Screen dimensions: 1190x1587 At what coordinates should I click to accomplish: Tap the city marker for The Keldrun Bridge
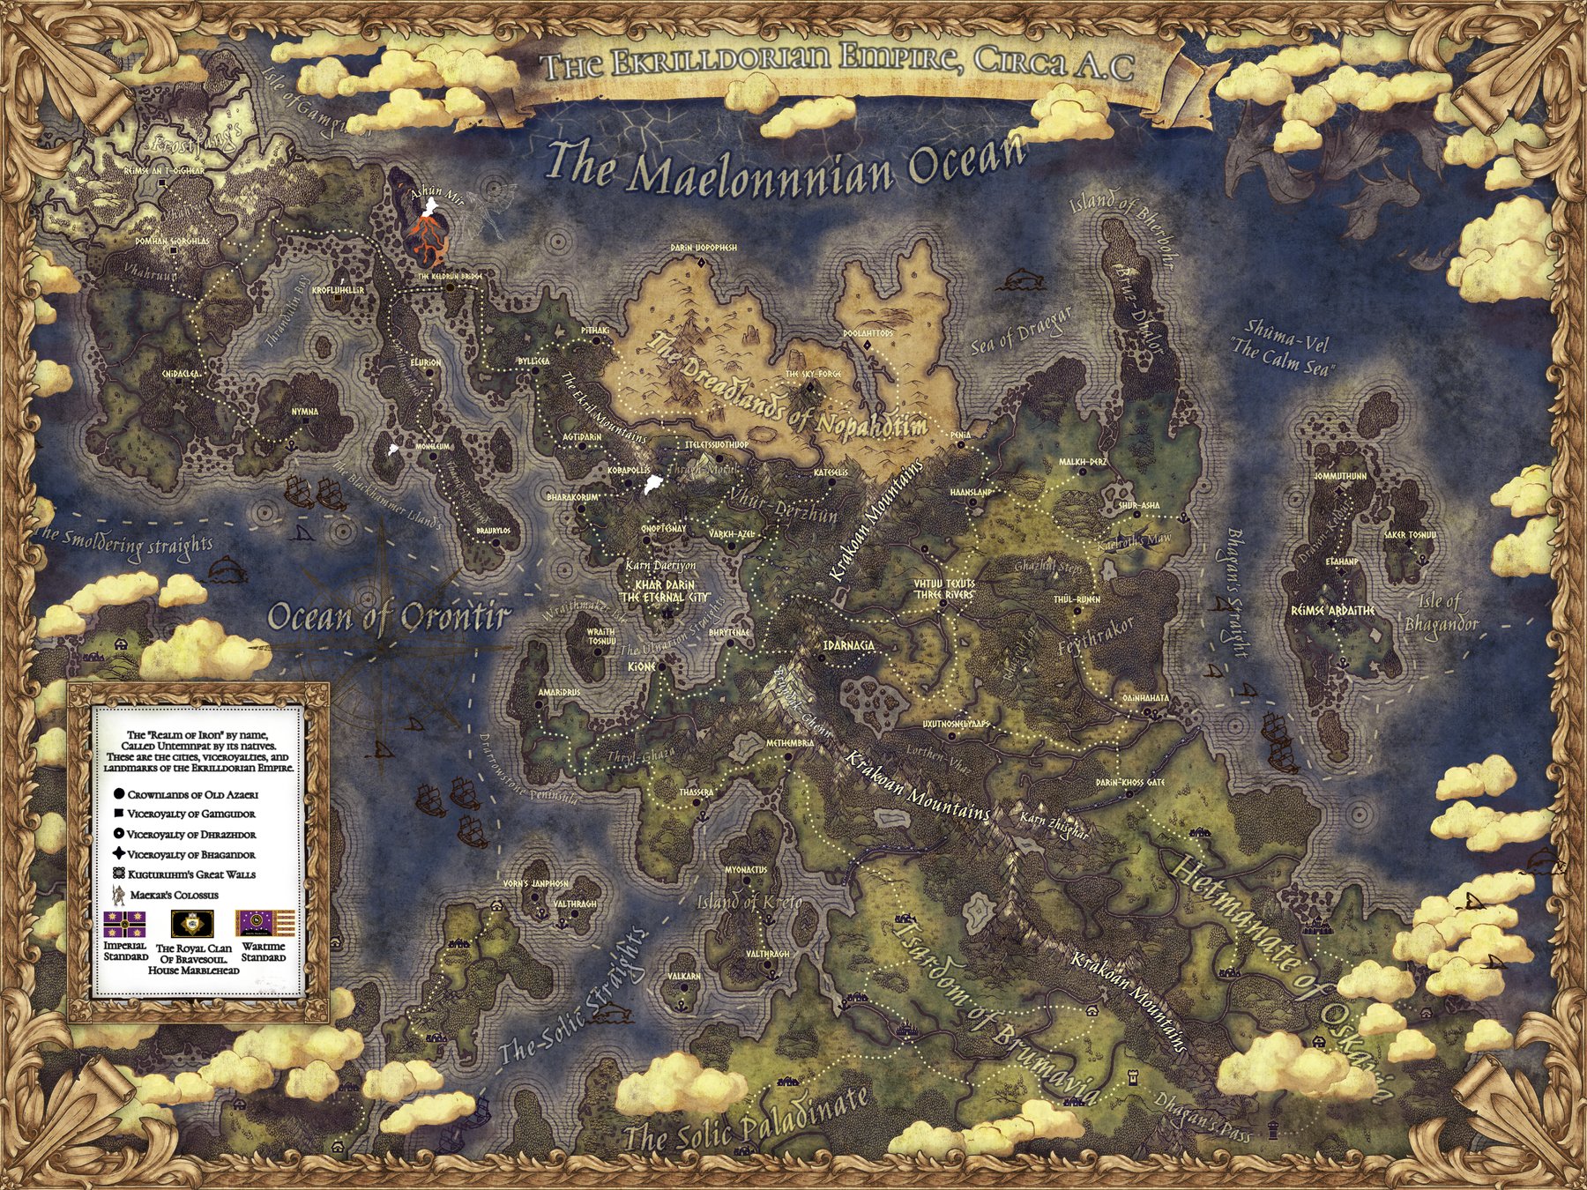tap(451, 286)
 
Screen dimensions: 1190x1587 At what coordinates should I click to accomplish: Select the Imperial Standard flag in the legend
tap(124, 924)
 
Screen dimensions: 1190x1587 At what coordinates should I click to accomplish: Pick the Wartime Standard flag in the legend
tap(263, 924)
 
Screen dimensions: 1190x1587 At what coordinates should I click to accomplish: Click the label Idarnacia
tap(848, 645)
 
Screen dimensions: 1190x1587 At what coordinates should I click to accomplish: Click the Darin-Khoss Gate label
tap(1130, 783)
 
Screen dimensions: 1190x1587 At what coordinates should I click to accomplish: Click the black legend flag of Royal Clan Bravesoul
tap(192, 924)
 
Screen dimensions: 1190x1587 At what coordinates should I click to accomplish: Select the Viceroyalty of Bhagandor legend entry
tap(190, 854)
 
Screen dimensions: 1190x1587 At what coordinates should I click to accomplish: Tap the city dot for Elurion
tap(429, 374)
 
